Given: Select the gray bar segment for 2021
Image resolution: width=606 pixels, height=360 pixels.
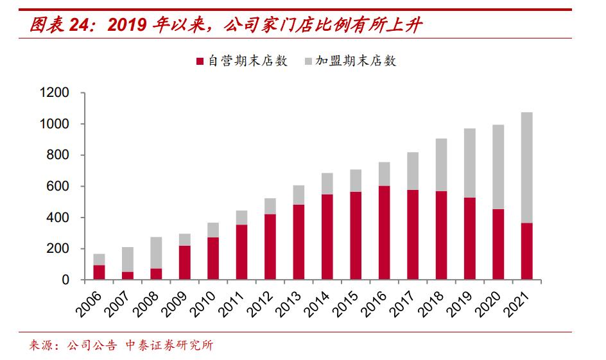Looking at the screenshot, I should pos(526,167).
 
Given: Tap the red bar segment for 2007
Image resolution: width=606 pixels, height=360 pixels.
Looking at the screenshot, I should pos(128,276).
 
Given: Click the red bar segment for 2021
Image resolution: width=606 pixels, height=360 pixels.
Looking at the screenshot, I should pos(526,252).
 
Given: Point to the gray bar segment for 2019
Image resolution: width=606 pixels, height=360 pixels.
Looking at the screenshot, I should pos(469,163).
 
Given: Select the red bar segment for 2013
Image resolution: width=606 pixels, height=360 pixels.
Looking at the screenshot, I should pos(299,243).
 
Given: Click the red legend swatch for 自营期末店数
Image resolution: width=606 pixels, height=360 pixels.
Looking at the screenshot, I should pos(199,62).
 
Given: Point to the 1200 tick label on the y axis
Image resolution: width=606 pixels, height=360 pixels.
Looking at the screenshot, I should pos(54,93).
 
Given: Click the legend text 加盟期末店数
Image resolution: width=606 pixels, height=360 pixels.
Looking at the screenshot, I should pos(356,62).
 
